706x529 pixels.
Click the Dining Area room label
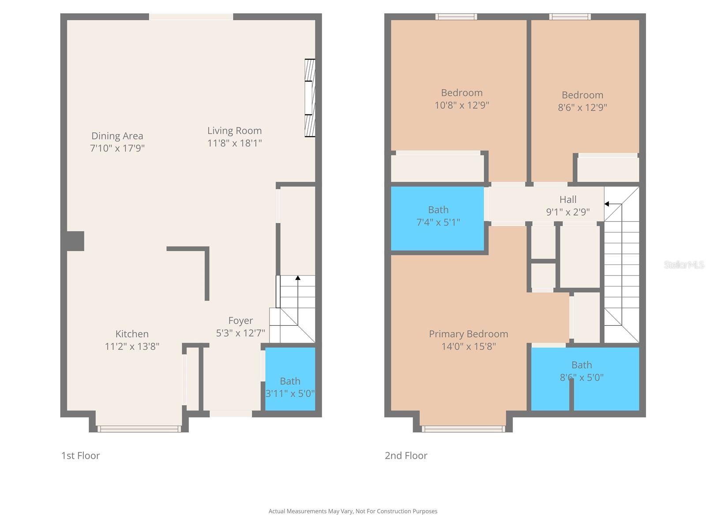point(117,136)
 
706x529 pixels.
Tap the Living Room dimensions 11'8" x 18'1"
point(234,143)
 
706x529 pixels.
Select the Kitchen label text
point(132,334)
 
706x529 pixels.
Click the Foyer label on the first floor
point(240,320)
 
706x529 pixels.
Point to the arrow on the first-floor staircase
point(298,278)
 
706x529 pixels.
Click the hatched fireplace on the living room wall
point(310,98)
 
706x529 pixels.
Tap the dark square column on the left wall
point(75,241)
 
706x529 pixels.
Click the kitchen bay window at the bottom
point(139,428)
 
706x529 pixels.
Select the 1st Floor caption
point(80,455)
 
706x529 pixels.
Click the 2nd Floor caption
point(406,455)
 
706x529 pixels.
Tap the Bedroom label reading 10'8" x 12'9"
point(462,99)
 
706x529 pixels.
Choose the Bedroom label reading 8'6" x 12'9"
point(582,101)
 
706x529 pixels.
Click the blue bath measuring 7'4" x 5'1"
point(438,219)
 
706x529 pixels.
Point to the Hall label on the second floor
point(568,200)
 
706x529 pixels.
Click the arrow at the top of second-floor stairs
point(607,204)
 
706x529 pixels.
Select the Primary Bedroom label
point(468,334)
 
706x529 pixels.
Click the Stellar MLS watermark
point(683,264)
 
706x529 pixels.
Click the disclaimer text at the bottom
point(353,511)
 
